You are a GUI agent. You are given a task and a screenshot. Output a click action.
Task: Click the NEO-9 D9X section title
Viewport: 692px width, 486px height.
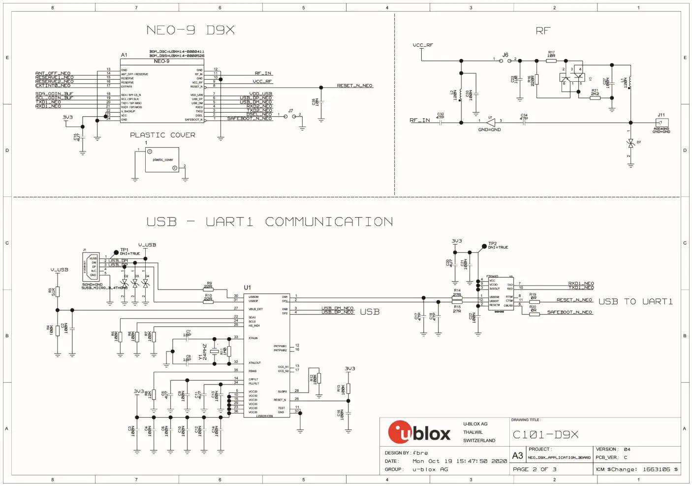(x=190, y=30)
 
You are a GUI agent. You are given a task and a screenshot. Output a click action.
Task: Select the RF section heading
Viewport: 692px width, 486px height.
(x=543, y=31)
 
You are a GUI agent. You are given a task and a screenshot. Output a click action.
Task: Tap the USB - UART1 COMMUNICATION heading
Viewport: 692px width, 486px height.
(x=270, y=222)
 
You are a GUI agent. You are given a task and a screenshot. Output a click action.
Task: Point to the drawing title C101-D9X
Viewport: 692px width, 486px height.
(x=545, y=435)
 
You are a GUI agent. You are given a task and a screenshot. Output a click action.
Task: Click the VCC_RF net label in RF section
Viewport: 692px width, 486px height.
(x=423, y=45)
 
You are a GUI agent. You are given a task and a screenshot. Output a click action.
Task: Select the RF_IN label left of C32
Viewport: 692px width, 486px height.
(x=419, y=120)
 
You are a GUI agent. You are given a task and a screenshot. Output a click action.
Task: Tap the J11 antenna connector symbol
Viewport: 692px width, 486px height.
(x=663, y=123)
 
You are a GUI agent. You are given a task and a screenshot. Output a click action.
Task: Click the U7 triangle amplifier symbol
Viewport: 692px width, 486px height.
(x=491, y=123)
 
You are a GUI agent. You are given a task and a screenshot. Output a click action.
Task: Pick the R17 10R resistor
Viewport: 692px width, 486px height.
(x=551, y=60)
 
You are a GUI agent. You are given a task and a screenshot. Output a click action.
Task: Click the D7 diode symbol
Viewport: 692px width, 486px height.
(x=630, y=143)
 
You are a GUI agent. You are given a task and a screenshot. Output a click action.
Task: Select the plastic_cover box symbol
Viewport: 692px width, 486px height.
(x=162, y=160)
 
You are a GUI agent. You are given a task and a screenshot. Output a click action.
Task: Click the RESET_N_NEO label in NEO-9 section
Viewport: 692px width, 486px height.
(x=354, y=86)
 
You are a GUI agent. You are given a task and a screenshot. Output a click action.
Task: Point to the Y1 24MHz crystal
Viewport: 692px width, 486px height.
(x=214, y=351)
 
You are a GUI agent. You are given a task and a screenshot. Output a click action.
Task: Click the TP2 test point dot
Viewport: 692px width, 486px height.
(x=484, y=246)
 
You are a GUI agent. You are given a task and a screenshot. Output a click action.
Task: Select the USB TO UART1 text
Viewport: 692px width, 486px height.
(x=635, y=301)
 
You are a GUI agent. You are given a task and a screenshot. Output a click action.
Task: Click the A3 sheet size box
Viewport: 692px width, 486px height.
(x=518, y=455)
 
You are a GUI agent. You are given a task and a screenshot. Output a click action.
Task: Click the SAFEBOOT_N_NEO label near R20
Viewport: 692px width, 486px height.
(x=569, y=312)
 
